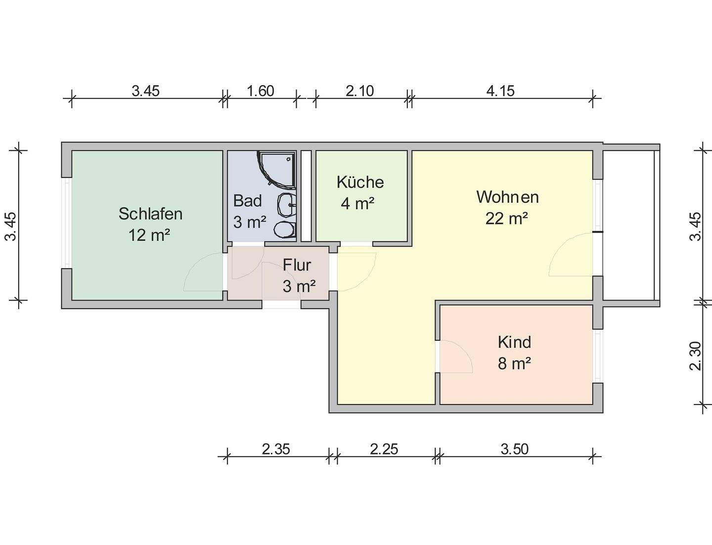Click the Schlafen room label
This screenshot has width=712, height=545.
click(x=150, y=214)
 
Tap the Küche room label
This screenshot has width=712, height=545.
click(x=360, y=182)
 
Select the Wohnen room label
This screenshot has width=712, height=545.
click(x=507, y=197)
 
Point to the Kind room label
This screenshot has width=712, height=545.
click(x=514, y=342)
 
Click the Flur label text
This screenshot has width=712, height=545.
click(x=297, y=265)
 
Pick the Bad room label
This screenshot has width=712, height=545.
click(x=247, y=201)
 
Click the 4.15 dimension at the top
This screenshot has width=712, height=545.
click(x=500, y=91)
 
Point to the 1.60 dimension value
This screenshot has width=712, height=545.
click(x=260, y=91)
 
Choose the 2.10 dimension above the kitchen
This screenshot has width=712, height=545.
click(x=360, y=91)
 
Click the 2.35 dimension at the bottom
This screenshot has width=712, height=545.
click(x=276, y=449)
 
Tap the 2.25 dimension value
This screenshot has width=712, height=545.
click(x=384, y=449)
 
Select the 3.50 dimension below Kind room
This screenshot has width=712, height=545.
click(x=514, y=449)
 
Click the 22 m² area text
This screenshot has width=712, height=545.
click(x=507, y=218)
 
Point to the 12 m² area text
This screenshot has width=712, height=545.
click(x=149, y=235)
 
